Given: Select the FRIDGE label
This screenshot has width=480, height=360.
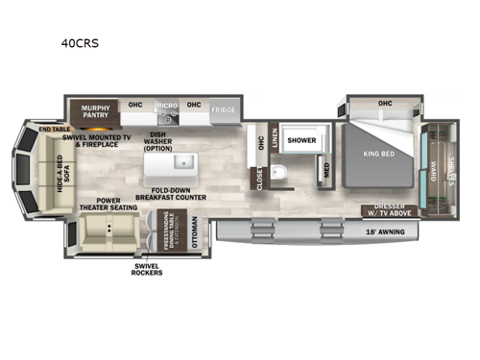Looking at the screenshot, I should (x=224, y=109).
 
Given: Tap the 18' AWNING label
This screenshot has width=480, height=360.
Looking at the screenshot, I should (x=387, y=231).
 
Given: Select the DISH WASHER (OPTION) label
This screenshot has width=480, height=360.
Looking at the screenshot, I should (x=158, y=141).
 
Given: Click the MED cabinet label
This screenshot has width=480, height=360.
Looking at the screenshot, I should (x=327, y=171).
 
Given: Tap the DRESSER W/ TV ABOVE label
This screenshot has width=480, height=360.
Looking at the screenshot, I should (x=391, y=210).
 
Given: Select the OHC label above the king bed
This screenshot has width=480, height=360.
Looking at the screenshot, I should (x=385, y=102).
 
